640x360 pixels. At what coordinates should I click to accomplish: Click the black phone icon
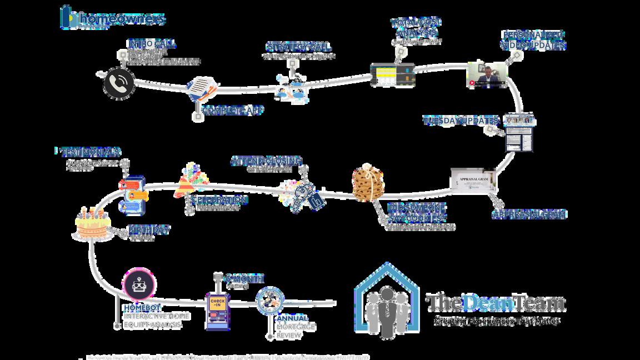(x=119, y=83)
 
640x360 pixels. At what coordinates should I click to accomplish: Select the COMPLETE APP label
(x=232, y=110)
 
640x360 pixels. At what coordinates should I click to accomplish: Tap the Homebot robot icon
(x=138, y=286)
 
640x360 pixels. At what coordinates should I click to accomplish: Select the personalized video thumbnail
(x=487, y=74)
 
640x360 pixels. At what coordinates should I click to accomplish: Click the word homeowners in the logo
(x=122, y=19)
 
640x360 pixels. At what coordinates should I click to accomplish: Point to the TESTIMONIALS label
(x=90, y=152)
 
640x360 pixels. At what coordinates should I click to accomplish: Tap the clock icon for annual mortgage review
(x=270, y=301)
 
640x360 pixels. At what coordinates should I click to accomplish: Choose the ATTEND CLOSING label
(x=266, y=161)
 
